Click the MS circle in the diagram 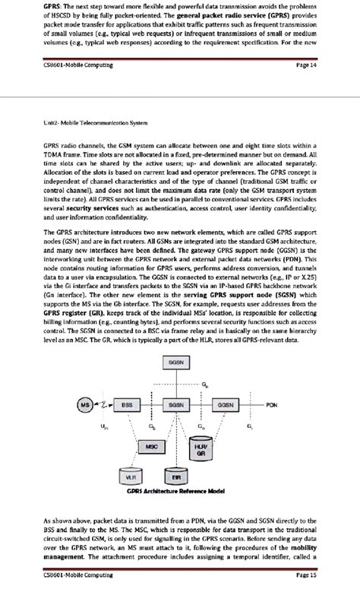click(86, 405)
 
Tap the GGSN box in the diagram click(226, 405)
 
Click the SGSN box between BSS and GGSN click(176, 405)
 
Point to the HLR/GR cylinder click(201, 450)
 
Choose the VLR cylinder click(132, 477)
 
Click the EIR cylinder click(176, 477)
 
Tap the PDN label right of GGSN click(271, 405)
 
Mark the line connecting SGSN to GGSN click(201, 405)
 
